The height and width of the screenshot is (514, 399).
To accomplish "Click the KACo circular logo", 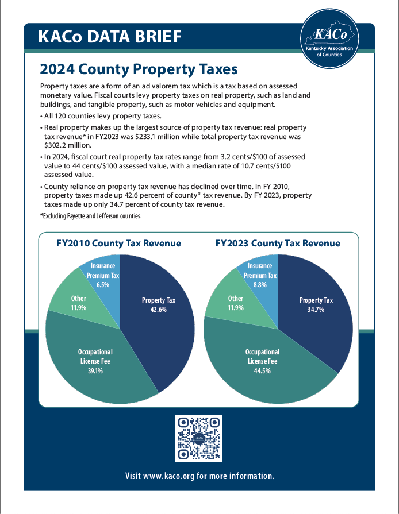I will tap(329, 38).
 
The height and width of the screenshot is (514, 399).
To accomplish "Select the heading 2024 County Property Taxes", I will tap(139, 70).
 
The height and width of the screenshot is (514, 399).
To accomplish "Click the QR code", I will tap(198, 438).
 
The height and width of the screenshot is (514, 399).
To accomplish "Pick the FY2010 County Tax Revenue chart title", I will tap(118, 244).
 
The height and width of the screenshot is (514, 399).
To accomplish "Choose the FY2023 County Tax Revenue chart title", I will tap(278, 244).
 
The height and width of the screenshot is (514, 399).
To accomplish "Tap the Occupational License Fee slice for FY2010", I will tap(95, 359).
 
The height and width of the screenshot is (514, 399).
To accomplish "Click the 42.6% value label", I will tap(159, 310).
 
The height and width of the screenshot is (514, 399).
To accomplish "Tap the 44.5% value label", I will tap(262, 371).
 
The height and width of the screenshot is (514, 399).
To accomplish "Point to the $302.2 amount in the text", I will tap(52, 146).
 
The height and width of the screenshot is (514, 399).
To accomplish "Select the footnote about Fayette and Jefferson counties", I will tap(91, 216).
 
